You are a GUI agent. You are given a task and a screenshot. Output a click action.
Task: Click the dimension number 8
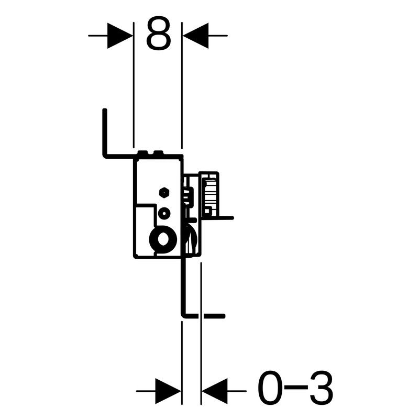pos(159,33)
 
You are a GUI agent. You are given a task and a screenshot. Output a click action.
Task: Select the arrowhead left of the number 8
pos(120,36)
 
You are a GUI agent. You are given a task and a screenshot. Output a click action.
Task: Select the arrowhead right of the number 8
pos(195,36)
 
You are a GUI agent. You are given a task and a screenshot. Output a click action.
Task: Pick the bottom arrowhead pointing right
pos(168,391)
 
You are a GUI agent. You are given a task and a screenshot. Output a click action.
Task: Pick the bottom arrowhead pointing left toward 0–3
pos(215,391)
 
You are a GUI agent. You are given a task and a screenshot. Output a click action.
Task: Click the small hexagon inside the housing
pos(164,192)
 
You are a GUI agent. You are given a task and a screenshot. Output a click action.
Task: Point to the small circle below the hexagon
pos(164,213)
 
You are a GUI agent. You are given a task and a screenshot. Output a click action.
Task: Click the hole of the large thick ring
pos(162,239)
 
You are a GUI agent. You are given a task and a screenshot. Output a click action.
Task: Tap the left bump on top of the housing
pos(142,153)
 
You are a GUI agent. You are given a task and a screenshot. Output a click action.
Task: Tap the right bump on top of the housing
pos(158,153)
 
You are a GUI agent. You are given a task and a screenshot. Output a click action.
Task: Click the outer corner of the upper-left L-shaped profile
pos(104,157)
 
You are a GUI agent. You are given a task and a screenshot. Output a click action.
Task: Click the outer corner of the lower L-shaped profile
pos(183,316)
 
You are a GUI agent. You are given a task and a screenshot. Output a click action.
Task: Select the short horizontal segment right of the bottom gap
pos(214,316)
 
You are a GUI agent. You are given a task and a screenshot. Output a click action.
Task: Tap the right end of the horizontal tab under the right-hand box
pos(233,218)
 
